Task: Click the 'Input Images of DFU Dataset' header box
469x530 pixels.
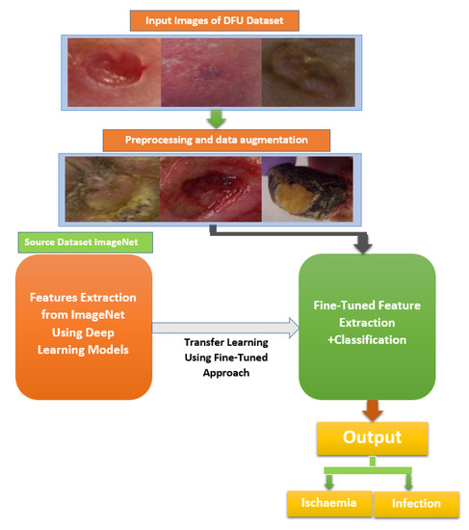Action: tap(213, 19)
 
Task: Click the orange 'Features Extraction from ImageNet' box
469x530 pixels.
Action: tap(84, 327)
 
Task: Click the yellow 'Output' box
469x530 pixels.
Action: tap(372, 438)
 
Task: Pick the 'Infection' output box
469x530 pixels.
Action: tap(415, 502)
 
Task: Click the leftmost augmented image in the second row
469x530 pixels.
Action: tap(113, 191)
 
